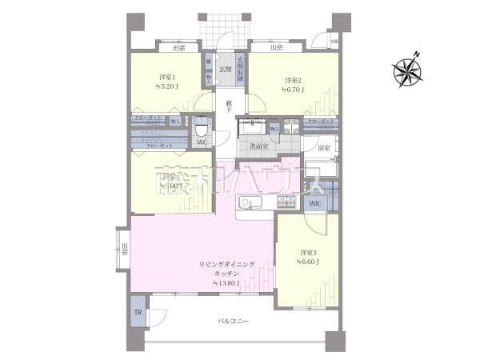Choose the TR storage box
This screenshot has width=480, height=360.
pyautogui.click(x=138, y=313)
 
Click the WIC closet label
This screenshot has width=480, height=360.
pyautogui.click(x=314, y=203)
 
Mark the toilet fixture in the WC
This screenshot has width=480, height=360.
pyautogui.click(x=202, y=127)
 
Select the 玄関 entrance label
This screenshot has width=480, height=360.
pyautogui.click(x=226, y=70)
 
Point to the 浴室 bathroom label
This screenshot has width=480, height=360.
pyautogui.click(x=324, y=148)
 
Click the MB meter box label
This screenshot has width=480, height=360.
pyautogui.click(x=334, y=42)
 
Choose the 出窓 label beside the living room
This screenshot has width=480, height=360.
pyautogui.click(x=124, y=249)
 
